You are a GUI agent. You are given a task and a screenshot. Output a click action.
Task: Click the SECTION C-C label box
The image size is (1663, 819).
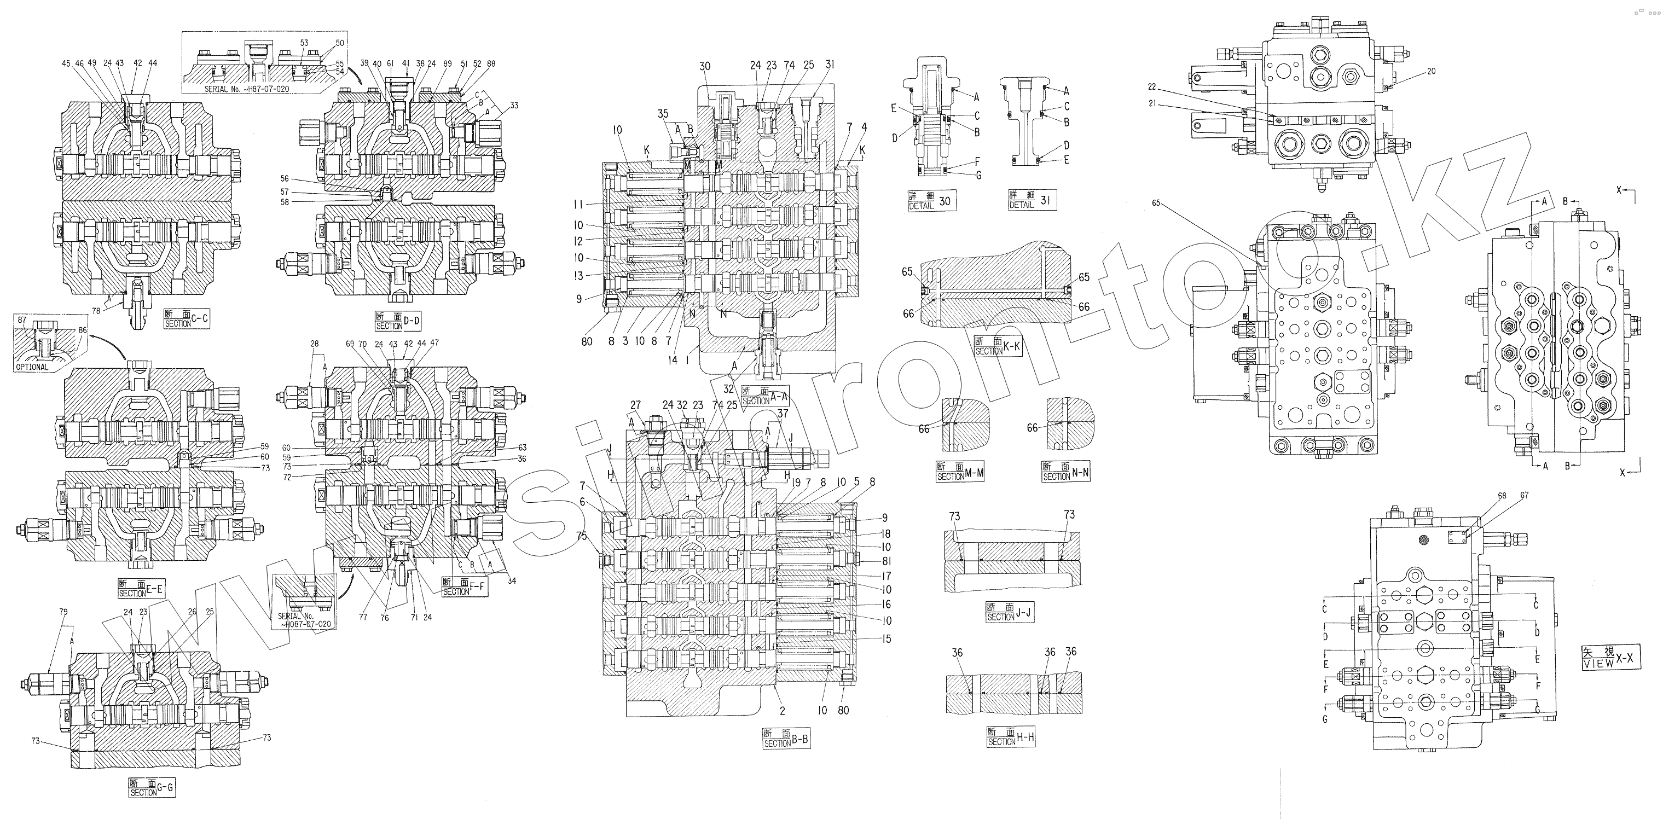pyautogui.click(x=187, y=320)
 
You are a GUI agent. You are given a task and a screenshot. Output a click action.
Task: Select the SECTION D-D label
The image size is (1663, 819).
pyautogui.click(x=398, y=321)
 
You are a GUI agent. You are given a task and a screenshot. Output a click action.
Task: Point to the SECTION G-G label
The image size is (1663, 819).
pyautogui.click(x=152, y=788)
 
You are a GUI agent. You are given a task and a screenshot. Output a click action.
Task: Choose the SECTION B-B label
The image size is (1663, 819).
pyautogui.click(x=786, y=739)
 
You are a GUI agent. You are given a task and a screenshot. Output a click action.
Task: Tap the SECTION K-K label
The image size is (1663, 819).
pyautogui.click(x=998, y=346)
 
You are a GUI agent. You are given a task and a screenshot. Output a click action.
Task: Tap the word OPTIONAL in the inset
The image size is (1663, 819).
pyautogui.click(x=32, y=367)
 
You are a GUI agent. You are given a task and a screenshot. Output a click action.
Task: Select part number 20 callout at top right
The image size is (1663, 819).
pyautogui.click(x=1431, y=71)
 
